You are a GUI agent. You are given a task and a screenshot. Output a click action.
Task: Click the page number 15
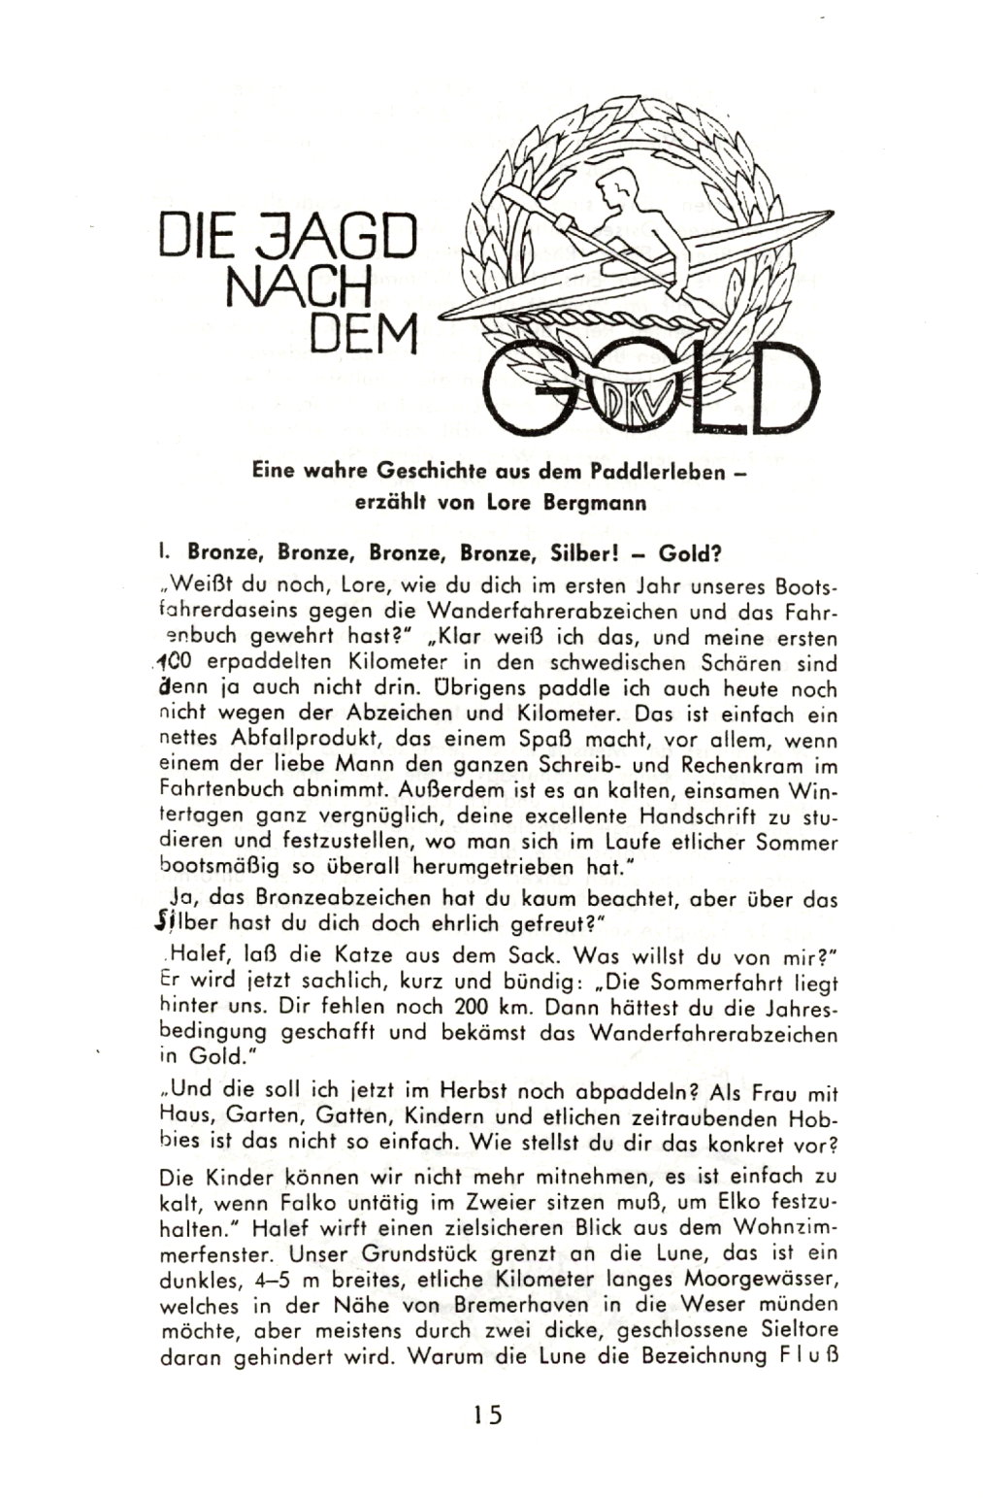click(x=488, y=1414)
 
